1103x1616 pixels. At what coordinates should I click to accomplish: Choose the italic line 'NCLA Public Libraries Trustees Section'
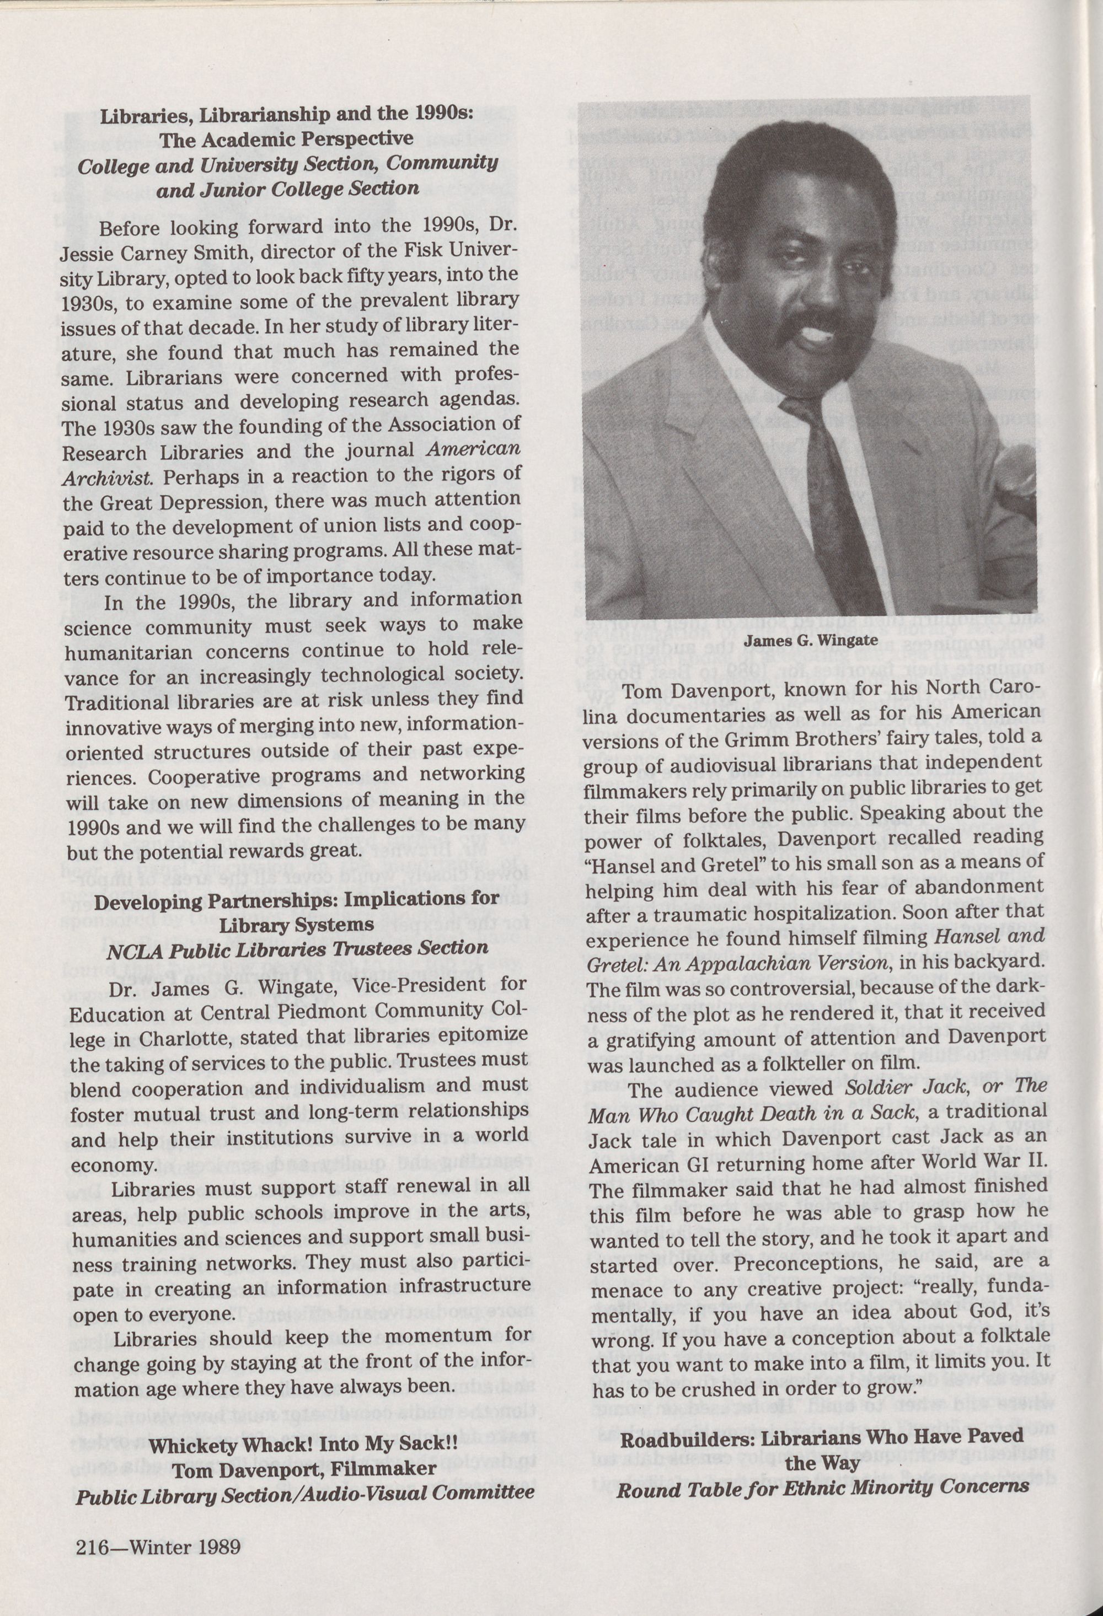point(297,950)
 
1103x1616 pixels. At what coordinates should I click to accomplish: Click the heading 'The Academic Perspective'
point(286,138)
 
